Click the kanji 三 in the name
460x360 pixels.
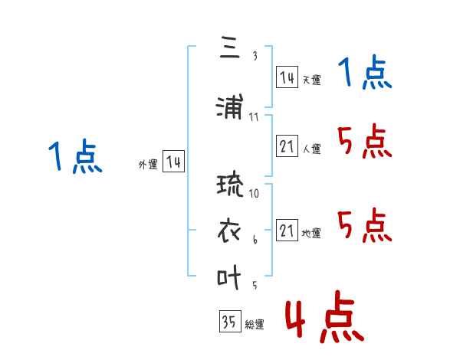click(230, 47)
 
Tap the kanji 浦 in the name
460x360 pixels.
click(230, 106)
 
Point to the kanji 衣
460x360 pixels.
click(229, 231)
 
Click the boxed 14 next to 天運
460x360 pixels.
click(287, 77)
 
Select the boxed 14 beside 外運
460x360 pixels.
click(173, 162)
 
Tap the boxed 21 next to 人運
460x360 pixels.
click(287, 146)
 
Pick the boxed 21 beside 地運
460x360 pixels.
click(287, 230)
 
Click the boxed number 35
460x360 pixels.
click(230, 321)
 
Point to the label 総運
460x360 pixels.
click(255, 324)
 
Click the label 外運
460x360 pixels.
click(148, 165)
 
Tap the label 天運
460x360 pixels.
click(311, 80)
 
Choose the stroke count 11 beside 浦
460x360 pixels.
click(254, 117)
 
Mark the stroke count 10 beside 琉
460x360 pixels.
click(254, 193)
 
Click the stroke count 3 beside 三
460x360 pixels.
click(255, 56)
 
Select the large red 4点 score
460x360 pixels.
click(324, 316)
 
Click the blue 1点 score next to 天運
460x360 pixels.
click(365, 72)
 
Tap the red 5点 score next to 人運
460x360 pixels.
click(365, 141)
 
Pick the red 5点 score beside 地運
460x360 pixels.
click(365, 225)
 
